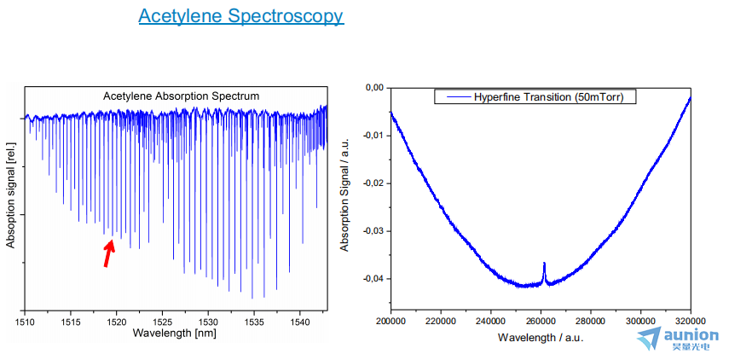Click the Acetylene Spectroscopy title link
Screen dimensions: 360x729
point(240,16)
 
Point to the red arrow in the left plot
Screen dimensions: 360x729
point(108,253)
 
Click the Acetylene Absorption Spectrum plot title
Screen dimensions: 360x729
point(181,96)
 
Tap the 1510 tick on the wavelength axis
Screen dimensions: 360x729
point(25,322)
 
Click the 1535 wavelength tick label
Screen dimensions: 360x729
point(253,322)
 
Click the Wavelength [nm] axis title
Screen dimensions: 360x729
point(176,333)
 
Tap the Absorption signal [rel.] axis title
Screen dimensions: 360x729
point(11,195)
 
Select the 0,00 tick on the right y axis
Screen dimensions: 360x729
point(373,88)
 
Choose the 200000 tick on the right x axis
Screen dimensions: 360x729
point(391,322)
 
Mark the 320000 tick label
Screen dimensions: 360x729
point(690,322)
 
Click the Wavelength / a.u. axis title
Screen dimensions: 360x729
point(540,337)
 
